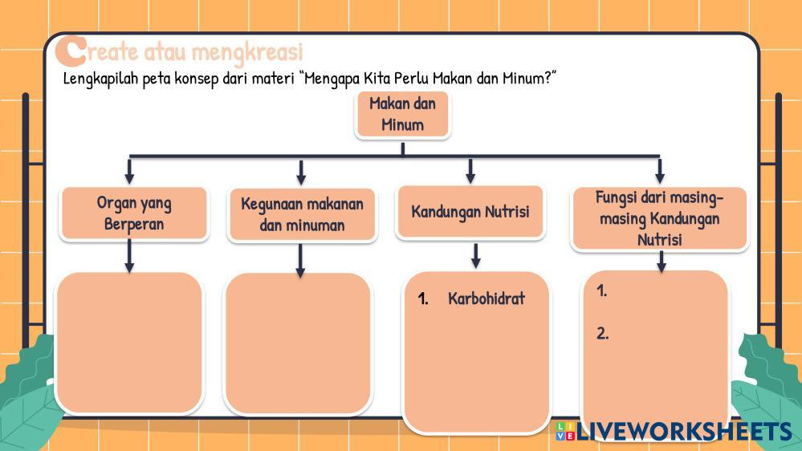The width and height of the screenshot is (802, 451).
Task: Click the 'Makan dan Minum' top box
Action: pos(402,114)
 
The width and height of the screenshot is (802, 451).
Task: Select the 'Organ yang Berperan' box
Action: pos(134,213)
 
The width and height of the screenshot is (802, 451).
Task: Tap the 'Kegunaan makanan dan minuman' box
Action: pos(303,214)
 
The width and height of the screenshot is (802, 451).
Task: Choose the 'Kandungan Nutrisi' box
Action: pos(470,212)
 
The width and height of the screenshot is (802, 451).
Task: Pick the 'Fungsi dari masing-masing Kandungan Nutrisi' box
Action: pos(659,218)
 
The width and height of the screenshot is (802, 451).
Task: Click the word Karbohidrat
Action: pos(486,299)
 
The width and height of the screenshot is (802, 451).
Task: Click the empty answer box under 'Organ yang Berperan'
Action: pos(129,343)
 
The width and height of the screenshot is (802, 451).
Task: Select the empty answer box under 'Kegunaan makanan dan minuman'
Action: pos(298,343)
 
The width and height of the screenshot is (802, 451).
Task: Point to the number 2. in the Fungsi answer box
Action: pos(603,333)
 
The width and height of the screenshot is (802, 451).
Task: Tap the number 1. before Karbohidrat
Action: pos(423,299)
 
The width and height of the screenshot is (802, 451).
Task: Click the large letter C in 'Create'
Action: pos(71,51)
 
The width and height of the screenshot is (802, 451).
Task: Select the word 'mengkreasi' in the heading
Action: pos(247,52)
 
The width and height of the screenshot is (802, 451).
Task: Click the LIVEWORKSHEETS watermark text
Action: pos(684,432)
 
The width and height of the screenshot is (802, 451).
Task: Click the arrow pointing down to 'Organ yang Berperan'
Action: pos(129,171)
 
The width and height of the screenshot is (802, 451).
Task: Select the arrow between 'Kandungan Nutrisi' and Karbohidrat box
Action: pos(476,256)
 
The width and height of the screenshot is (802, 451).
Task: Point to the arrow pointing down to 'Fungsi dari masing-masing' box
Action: pos(660,171)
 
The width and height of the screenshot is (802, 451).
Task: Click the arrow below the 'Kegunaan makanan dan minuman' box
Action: pos(300,261)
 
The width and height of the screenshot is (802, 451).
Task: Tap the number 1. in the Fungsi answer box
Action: pos(601,291)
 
